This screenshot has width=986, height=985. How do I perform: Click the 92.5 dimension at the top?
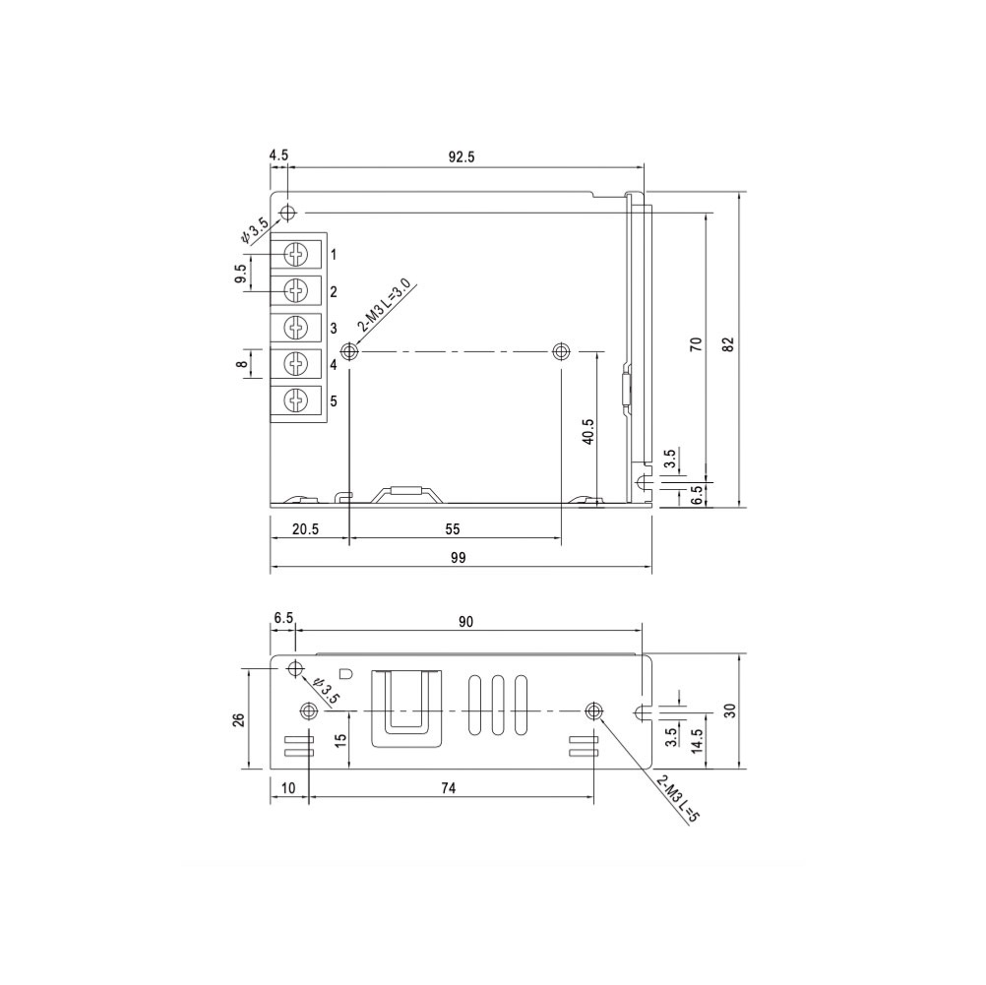click(461, 156)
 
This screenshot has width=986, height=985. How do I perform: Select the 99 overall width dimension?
click(459, 557)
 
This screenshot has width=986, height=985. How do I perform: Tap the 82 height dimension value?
click(727, 344)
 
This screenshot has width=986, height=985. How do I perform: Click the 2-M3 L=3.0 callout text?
click(384, 307)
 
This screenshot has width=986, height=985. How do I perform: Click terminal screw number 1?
click(295, 254)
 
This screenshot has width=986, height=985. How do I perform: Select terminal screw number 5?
click(295, 400)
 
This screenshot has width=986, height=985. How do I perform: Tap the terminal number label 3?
click(334, 329)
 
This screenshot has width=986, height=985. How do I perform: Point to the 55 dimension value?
click(452, 529)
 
